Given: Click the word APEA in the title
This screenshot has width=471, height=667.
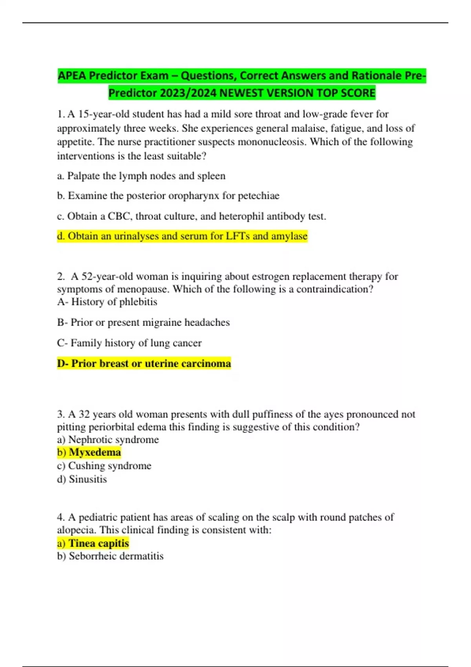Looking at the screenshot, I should pos(72,75).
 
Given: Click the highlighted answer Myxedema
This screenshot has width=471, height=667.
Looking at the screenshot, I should pos(95,452).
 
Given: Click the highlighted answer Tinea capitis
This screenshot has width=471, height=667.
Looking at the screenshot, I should pos(99,543).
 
